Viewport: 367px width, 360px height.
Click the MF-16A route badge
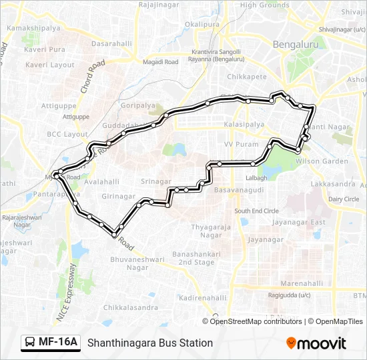(x=51, y=343)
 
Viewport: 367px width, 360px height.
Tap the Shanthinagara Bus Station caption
(x=149, y=343)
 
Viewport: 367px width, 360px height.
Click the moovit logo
(x=316, y=343)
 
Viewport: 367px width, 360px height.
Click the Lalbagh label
(x=256, y=178)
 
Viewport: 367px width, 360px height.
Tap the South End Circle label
(x=256, y=211)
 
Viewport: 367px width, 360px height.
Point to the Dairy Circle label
(x=344, y=199)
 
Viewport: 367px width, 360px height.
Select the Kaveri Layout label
(x=50, y=65)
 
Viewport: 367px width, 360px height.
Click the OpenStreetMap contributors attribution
(x=256, y=321)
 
